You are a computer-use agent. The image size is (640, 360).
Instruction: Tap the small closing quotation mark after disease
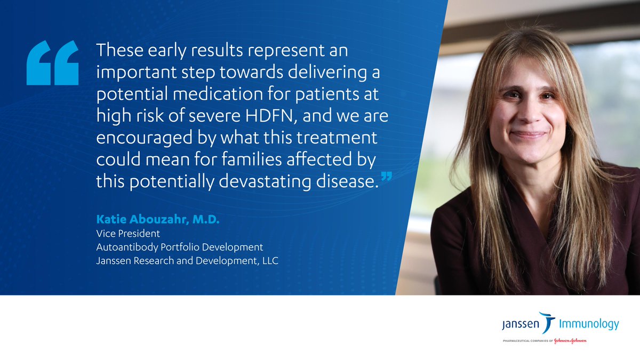pyautogui.click(x=388, y=176)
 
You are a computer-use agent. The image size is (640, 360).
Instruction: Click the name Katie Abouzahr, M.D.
pyautogui.click(x=158, y=220)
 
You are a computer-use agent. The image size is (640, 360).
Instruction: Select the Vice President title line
pyautogui.click(x=128, y=234)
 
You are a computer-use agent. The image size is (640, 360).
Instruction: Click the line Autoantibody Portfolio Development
pyautogui.click(x=180, y=247)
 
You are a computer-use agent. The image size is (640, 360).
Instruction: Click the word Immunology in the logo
pyautogui.click(x=589, y=324)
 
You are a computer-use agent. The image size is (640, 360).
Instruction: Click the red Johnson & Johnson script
pyautogui.click(x=567, y=340)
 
